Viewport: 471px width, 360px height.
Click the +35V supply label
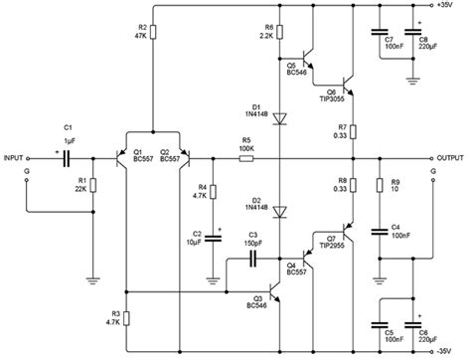(x=447, y=7)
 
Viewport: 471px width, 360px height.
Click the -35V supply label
(x=447, y=349)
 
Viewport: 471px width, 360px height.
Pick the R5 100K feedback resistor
(x=245, y=158)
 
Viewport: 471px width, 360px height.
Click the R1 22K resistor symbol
(x=93, y=184)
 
